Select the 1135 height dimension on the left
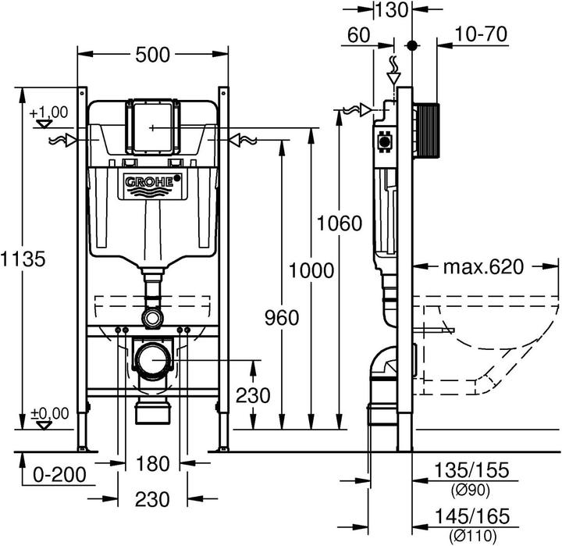click(x=20, y=258)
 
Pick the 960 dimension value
click(x=281, y=317)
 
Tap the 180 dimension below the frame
click(x=152, y=464)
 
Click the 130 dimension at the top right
click(x=390, y=10)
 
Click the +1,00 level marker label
click(x=48, y=112)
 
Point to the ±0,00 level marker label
click(x=49, y=412)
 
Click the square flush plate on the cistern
click(x=153, y=126)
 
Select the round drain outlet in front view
click(x=152, y=359)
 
